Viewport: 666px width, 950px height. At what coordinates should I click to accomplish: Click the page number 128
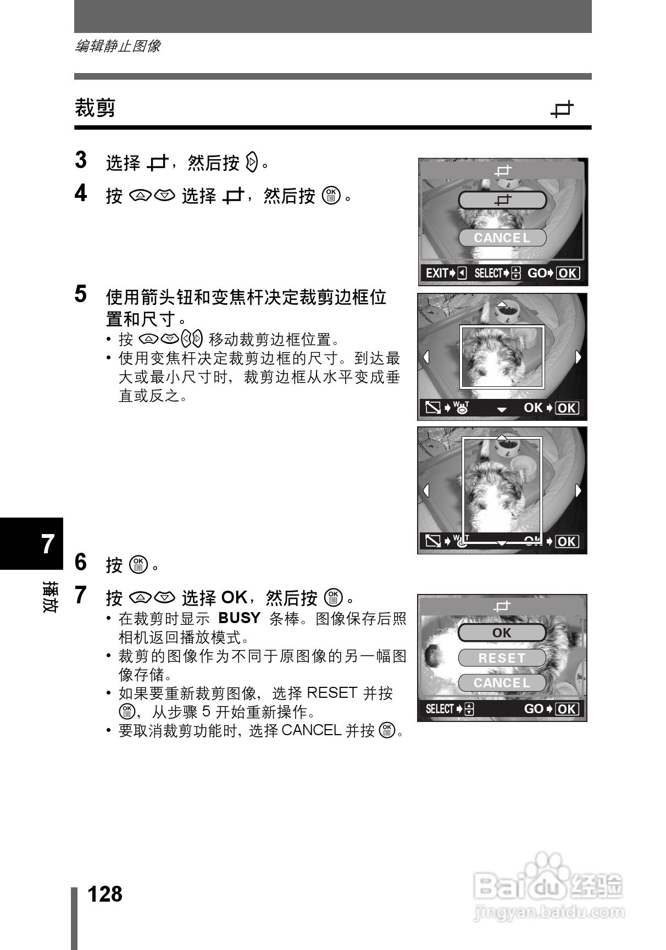point(105,895)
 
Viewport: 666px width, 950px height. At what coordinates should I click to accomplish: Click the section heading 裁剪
point(95,108)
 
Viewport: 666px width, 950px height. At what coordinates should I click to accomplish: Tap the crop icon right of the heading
point(562,109)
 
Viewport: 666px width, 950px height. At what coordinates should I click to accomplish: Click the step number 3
point(81,160)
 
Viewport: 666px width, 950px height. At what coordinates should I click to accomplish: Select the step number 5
point(81,295)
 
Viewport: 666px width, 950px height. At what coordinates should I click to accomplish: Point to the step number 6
point(81,563)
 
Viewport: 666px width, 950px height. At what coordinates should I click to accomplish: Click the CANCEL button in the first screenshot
point(502,238)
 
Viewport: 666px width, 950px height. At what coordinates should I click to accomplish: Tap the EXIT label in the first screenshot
point(437,273)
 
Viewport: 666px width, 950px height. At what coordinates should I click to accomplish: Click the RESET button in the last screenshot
point(502,658)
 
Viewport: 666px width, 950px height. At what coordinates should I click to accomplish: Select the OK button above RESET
point(502,633)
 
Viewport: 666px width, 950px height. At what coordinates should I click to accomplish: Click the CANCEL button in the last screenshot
point(502,683)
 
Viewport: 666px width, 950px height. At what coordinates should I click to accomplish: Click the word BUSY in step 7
point(239,618)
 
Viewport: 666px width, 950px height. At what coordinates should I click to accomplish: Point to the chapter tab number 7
point(48,544)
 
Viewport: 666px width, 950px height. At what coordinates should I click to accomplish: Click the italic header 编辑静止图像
point(118,46)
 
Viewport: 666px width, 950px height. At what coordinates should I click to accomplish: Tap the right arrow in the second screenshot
point(578,357)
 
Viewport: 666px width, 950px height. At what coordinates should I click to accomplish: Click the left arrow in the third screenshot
point(426,490)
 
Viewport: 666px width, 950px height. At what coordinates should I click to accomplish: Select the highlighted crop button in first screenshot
point(502,201)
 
